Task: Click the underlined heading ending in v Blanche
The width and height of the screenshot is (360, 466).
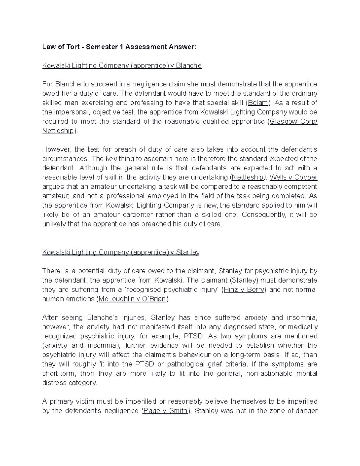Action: tap(122, 65)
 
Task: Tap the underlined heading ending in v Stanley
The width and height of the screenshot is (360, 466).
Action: tap(121, 252)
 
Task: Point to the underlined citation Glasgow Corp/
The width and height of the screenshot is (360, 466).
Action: tap(293, 122)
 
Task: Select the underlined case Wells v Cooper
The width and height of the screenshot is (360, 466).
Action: tap(293, 177)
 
